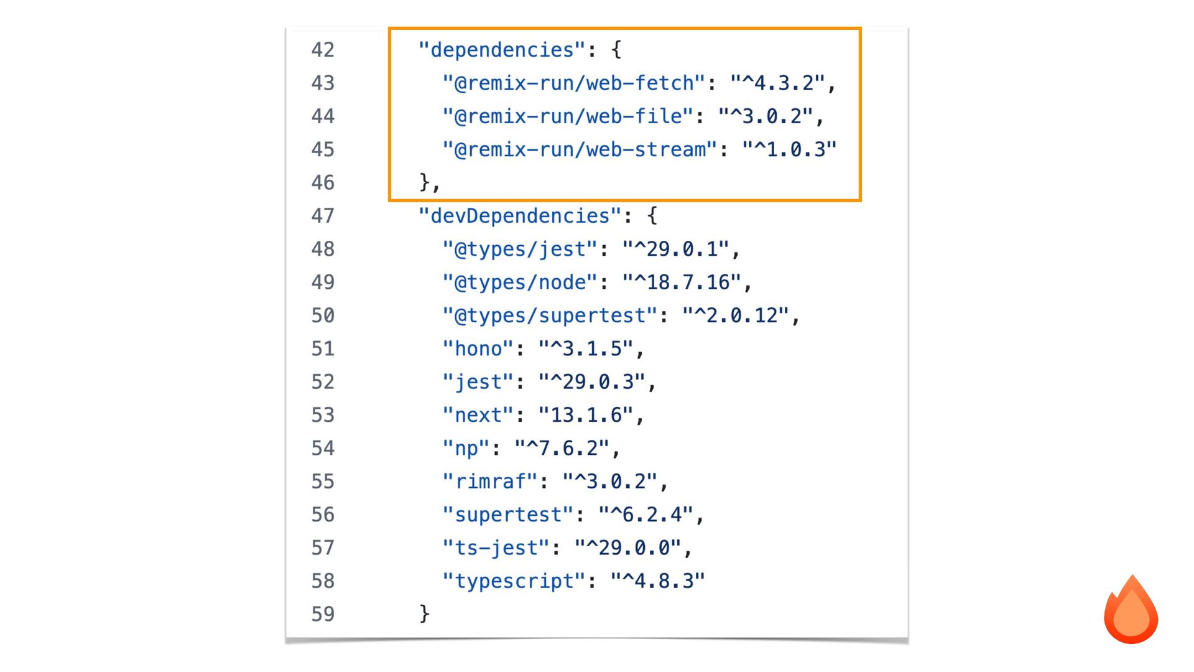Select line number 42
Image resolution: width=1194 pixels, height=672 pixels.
(323, 50)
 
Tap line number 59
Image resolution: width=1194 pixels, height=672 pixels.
(323, 614)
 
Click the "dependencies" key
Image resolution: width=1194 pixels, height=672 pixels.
(502, 50)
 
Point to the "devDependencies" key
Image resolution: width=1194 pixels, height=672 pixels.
(520, 216)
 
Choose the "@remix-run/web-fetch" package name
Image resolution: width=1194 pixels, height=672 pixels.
(573, 83)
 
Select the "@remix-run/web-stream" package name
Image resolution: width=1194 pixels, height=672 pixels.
(580, 149)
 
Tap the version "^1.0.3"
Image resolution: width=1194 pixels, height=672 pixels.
(789, 149)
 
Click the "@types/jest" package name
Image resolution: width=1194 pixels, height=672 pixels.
(520, 249)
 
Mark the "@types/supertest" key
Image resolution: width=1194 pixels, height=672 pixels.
(550, 315)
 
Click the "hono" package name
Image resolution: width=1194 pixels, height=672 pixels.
(478, 348)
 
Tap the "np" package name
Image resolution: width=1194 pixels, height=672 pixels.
(466, 448)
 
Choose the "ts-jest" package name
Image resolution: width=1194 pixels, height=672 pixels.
(496, 548)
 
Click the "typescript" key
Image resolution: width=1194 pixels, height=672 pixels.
(514, 581)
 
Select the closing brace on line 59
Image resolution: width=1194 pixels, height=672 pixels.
(424, 614)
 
